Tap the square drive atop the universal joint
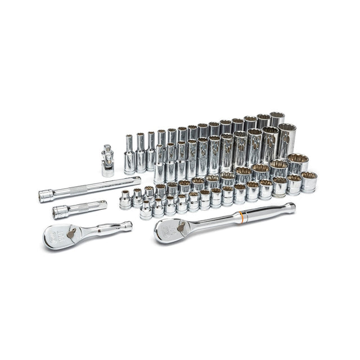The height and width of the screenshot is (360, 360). tap(107, 148)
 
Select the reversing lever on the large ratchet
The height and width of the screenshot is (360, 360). tap(182, 226)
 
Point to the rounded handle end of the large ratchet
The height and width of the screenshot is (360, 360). tap(289, 208)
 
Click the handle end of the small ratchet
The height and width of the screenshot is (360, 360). tap(128, 225)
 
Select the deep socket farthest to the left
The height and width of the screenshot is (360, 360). tap(129, 155)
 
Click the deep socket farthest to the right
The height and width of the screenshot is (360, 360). tap(287, 141)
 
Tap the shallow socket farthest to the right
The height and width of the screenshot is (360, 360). tap(309, 182)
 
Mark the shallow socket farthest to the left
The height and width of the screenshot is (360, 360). tap(125, 200)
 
